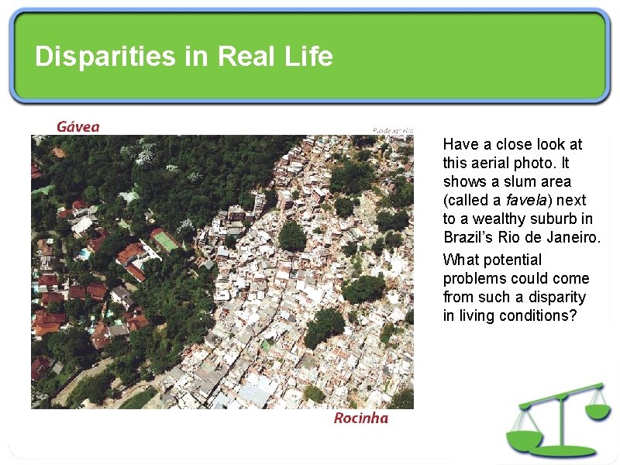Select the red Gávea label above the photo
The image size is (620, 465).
click(x=77, y=126)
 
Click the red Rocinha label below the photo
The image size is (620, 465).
click(x=360, y=418)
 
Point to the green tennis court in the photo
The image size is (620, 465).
click(x=165, y=241)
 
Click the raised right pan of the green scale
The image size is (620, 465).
click(x=597, y=410)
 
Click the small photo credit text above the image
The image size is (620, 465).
click(x=393, y=130)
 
